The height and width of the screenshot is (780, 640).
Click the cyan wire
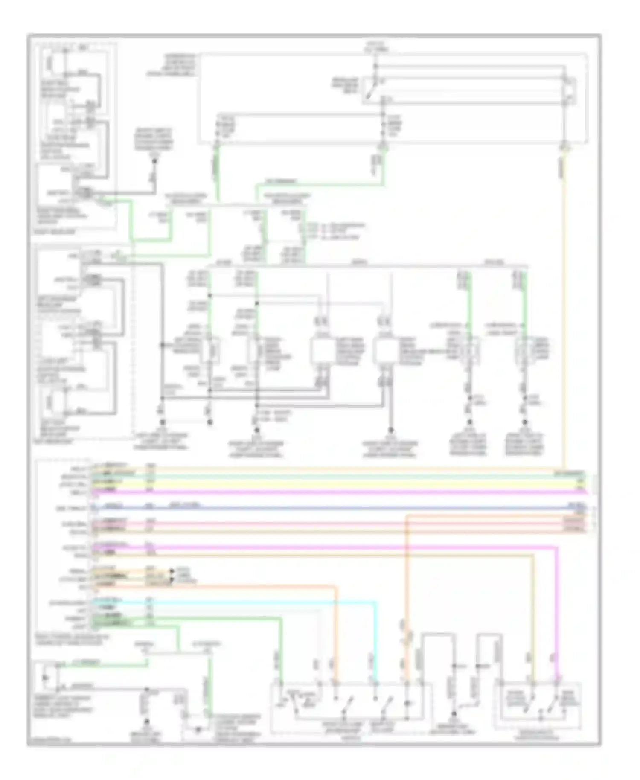click(x=256, y=602)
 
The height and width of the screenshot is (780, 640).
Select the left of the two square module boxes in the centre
click(x=323, y=351)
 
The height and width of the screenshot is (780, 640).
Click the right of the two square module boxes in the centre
click(x=385, y=351)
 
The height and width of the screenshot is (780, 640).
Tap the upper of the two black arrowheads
click(x=172, y=570)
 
